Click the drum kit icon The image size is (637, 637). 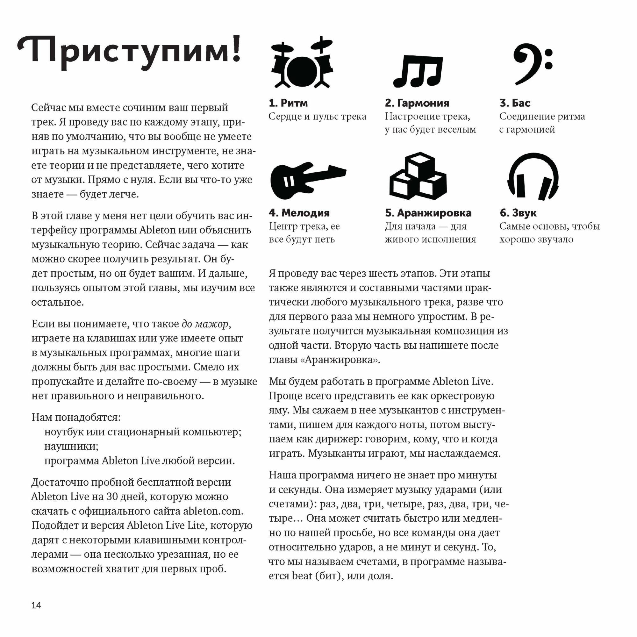302,65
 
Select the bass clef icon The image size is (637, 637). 531,64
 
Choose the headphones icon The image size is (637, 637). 533,176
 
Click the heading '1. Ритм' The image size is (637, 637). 288,103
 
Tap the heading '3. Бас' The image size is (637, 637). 515,103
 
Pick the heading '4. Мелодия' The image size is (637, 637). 299,213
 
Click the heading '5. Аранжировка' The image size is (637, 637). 428,213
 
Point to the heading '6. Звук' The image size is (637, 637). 518,213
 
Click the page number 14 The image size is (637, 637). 36,605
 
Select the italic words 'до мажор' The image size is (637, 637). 205,324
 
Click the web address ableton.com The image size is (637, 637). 213,511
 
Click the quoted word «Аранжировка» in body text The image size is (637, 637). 340,360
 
